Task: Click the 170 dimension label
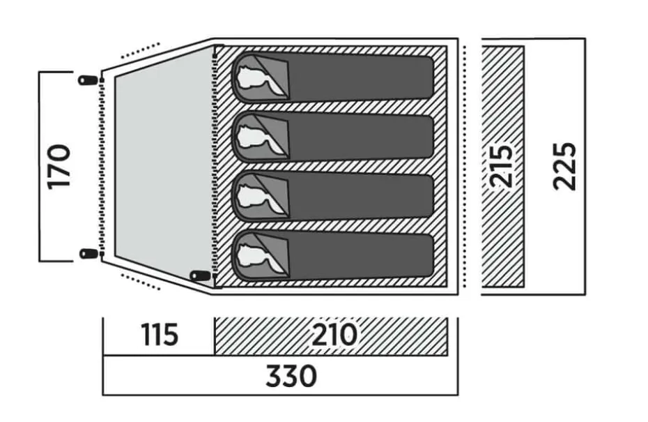pyautogui.click(x=59, y=167)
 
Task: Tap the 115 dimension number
pyautogui.click(x=160, y=335)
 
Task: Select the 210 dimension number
pyautogui.click(x=334, y=335)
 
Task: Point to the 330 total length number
pyautogui.click(x=291, y=376)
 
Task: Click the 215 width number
pyautogui.click(x=501, y=166)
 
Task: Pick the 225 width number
pyautogui.click(x=564, y=166)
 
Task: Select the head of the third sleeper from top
pyautogui.click(x=253, y=197)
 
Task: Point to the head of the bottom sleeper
pyautogui.click(x=253, y=255)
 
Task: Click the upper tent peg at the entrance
pyautogui.click(x=88, y=80)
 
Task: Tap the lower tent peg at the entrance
pyautogui.click(x=88, y=253)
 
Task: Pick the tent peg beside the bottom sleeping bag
pyautogui.click(x=199, y=276)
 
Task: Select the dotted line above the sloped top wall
pyautogui.click(x=140, y=51)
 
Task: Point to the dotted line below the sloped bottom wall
pyautogui.click(x=140, y=281)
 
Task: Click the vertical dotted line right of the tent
pyautogui.click(x=465, y=166)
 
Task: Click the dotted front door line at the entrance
pyautogui.click(x=102, y=167)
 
